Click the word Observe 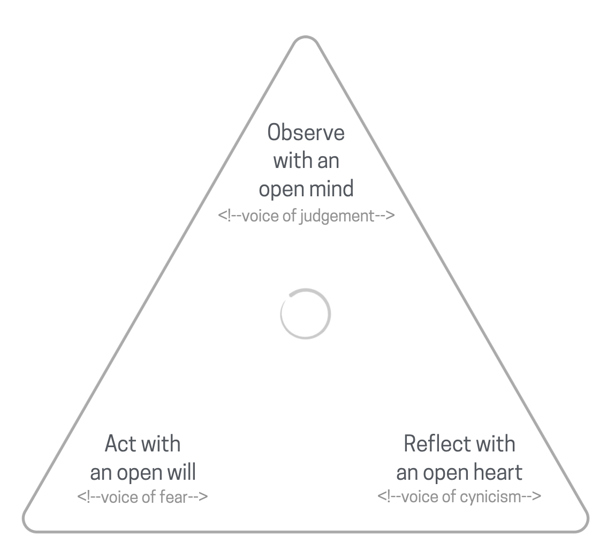point(306,133)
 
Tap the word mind point(330,189)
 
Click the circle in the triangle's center point(306,314)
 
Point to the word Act point(120,444)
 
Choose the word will point(181,472)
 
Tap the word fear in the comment point(173,497)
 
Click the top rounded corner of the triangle point(306,40)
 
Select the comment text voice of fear point(142,497)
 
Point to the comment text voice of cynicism point(459,497)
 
